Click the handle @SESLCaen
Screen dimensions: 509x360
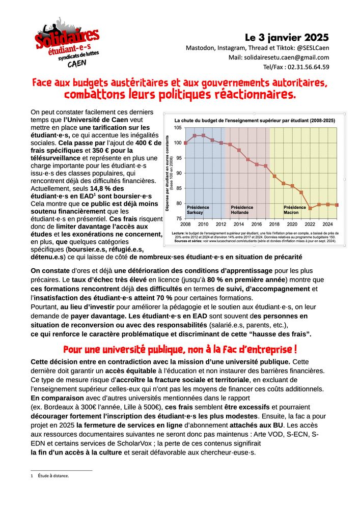[x=312, y=48]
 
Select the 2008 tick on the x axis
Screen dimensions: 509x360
[x=185, y=224]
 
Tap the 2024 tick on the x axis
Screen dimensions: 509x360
[x=328, y=224]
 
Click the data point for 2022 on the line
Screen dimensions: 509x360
[x=310, y=208]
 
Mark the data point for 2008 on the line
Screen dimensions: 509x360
[x=185, y=143]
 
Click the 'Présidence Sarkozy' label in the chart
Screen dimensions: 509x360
[x=198, y=210]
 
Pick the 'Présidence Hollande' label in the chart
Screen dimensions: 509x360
[x=242, y=210]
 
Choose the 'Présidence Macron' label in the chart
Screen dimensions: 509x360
[x=295, y=210]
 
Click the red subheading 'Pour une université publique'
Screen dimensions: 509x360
[x=180, y=350]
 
